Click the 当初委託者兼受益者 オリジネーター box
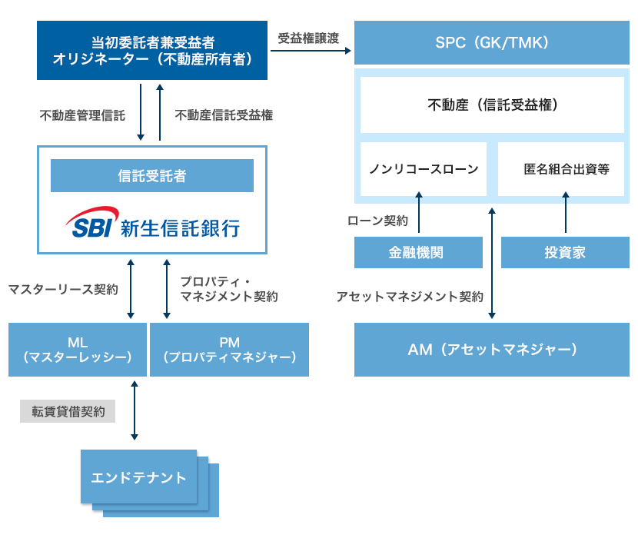click(152, 50)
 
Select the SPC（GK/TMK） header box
click(491, 42)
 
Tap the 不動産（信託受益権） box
click(492, 105)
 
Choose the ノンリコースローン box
click(424, 169)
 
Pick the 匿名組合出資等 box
click(566, 169)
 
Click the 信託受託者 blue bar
click(152, 176)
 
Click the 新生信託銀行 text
click(180, 226)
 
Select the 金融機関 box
click(418, 253)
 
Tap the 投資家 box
click(565, 253)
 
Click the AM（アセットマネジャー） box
click(491, 350)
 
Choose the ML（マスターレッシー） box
click(78, 350)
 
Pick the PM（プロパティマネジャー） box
click(229, 350)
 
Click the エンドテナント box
click(139, 477)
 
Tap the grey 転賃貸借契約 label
click(68, 411)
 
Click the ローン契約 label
click(377, 221)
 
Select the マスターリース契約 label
click(62, 290)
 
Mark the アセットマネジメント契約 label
click(410, 296)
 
